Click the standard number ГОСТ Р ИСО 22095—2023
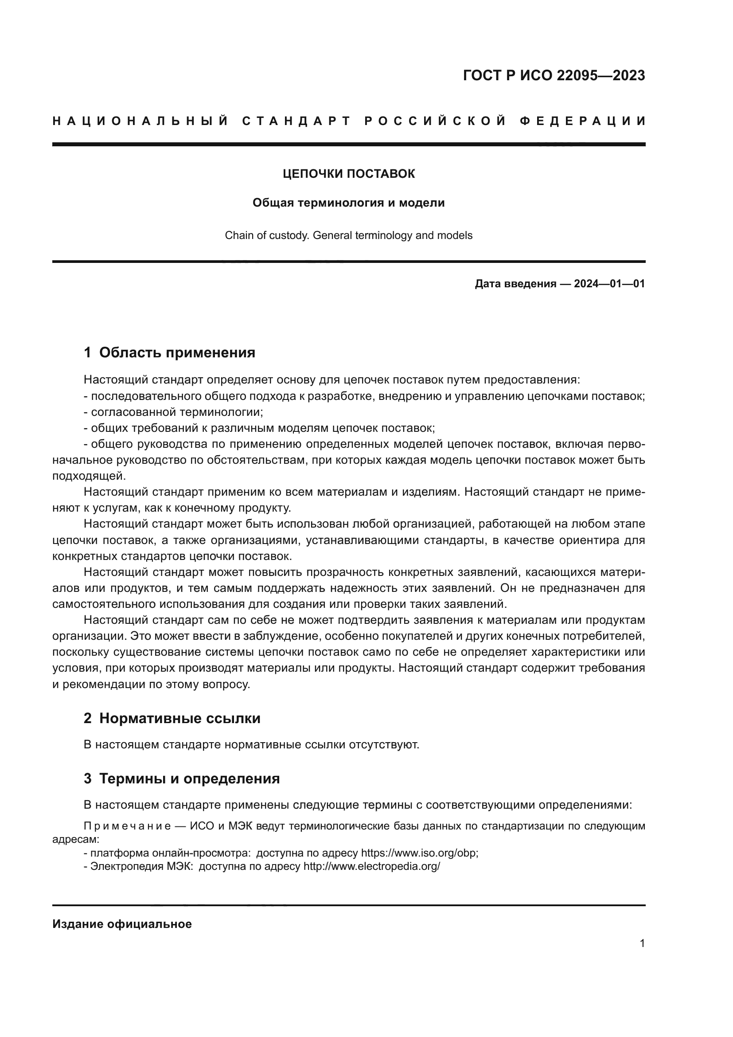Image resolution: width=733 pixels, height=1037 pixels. (x=554, y=75)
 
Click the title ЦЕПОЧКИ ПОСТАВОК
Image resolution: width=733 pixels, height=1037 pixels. (x=348, y=174)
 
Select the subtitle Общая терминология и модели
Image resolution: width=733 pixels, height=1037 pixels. (x=348, y=203)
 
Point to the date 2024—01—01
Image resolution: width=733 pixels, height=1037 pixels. (x=609, y=284)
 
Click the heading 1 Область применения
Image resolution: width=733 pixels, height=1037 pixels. (x=169, y=352)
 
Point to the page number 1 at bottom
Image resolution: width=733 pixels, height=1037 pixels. (x=642, y=943)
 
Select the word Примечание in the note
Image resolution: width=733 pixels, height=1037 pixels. (x=127, y=826)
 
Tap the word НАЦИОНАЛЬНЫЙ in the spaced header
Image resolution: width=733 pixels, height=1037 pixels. (x=140, y=121)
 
